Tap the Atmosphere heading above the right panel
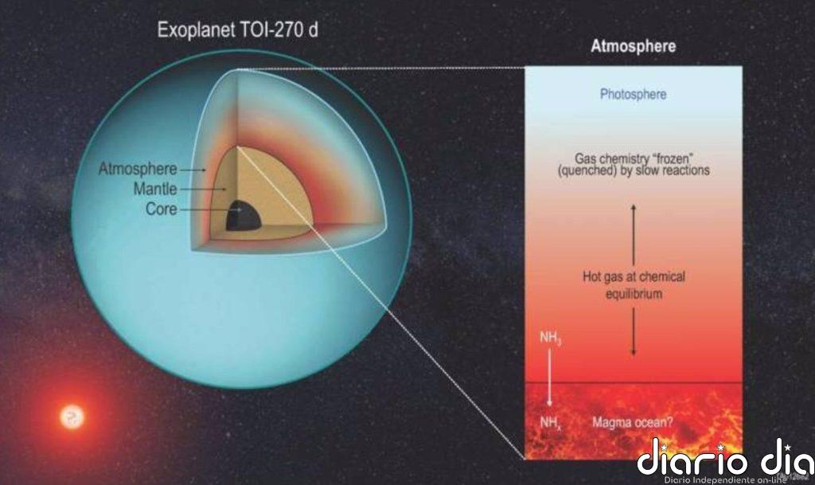tap(633, 46)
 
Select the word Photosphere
tap(633, 94)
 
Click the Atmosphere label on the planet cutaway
tap(137, 169)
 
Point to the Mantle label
tap(156, 190)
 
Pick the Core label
tap(161, 209)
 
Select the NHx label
tap(550, 423)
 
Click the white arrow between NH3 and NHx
tap(549, 381)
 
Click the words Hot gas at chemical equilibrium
tap(633, 285)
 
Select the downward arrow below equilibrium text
tap(634, 331)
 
